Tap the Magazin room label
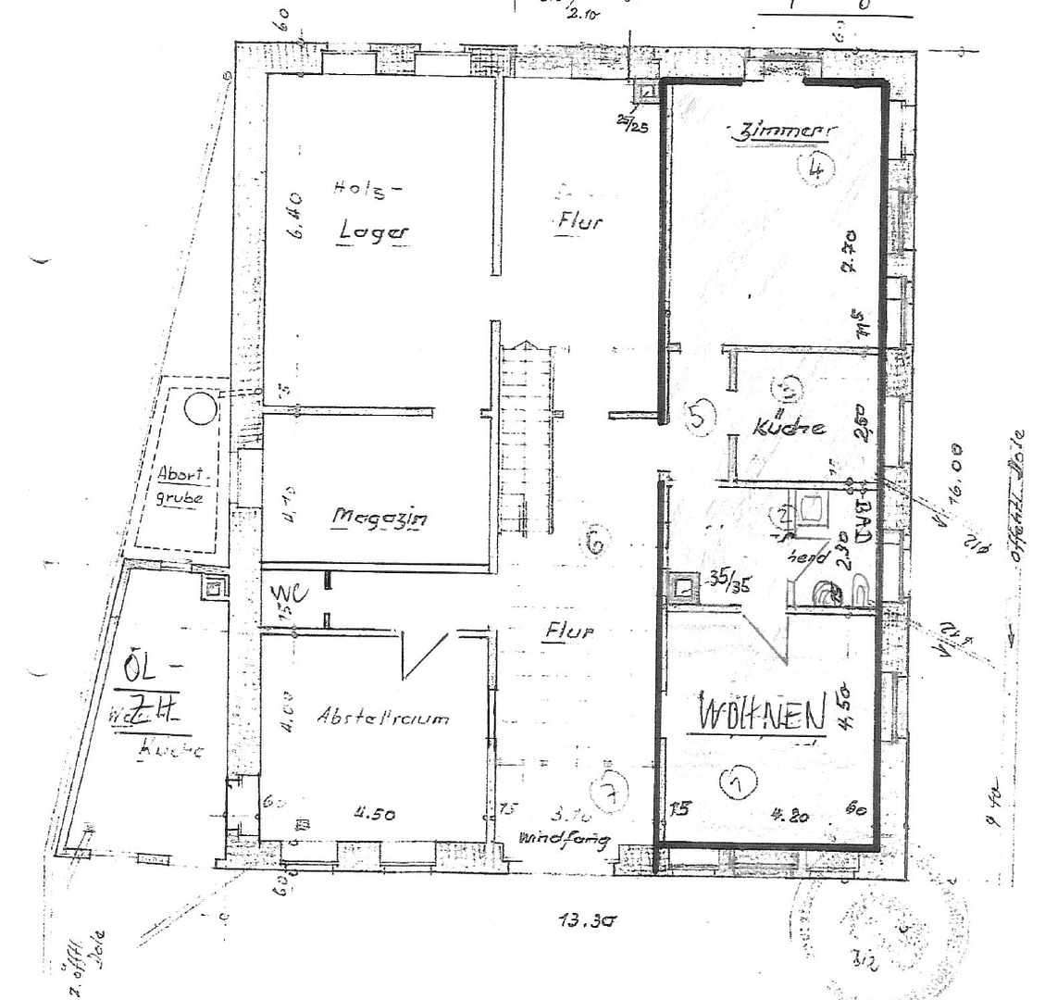point(379,519)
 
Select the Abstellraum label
point(382,716)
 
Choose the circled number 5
point(700,418)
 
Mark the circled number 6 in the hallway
point(595,540)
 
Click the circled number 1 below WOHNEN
point(738,783)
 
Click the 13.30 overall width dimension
point(587,921)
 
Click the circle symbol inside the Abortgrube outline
point(200,407)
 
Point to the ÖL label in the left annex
point(146,664)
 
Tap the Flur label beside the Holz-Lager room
point(579,221)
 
